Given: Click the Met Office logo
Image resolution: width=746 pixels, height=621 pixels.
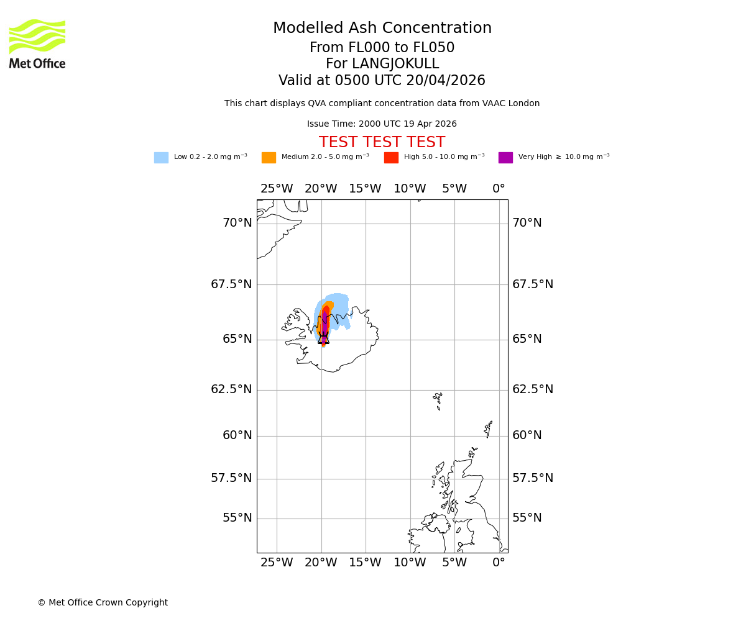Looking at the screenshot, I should [x=37, y=43].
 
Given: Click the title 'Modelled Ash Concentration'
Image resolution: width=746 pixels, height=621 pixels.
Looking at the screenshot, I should [x=382, y=29].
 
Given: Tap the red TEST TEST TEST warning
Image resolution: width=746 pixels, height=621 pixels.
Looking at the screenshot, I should [x=382, y=142].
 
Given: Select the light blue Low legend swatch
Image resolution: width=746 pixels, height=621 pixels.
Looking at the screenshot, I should [x=161, y=158].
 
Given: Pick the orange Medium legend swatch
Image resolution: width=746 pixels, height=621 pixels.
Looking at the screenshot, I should [x=269, y=158].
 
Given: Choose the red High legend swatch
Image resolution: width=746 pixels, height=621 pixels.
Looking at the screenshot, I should [x=391, y=158].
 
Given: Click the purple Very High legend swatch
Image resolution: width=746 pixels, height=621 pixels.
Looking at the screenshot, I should [x=505, y=158].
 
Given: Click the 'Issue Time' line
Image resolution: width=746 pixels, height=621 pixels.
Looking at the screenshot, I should [x=382, y=124].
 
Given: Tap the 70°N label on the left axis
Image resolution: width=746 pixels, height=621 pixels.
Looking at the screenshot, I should [x=237, y=223].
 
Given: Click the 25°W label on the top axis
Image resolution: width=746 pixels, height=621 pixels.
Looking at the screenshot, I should [x=277, y=189].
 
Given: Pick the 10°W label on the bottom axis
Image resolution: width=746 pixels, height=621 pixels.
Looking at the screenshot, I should [x=410, y=563].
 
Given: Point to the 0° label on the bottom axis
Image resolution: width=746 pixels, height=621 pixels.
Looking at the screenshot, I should [x=499, y=563].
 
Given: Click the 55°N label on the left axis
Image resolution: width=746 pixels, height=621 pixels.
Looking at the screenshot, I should [x=237, y=518].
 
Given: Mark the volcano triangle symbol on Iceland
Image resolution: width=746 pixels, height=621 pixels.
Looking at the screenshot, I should [x=323, y=338].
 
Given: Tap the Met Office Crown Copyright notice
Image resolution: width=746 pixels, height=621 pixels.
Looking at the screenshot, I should [x=103, y=602].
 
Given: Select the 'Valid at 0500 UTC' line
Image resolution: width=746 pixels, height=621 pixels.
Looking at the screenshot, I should [x=382, y=81].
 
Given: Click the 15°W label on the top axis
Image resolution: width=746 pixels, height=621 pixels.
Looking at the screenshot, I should [x=365, y=189].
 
